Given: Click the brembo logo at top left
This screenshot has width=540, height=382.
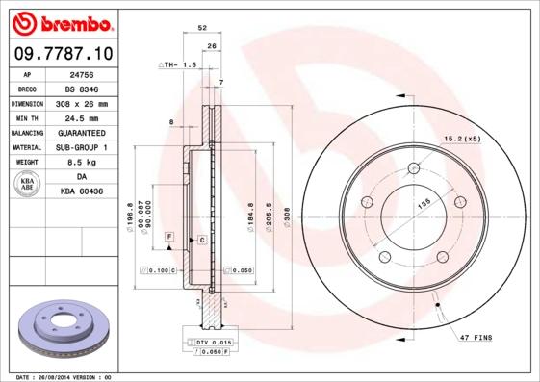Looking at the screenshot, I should [x=64, y=21].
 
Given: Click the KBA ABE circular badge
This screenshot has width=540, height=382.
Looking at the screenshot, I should [x=28, y=185].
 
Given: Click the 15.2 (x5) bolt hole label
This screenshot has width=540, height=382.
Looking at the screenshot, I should [x=462, y=140].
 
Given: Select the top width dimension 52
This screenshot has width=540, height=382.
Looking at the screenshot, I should [x=201, y=29].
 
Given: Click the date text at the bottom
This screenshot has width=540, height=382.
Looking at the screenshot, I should [x=64, y=376].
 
